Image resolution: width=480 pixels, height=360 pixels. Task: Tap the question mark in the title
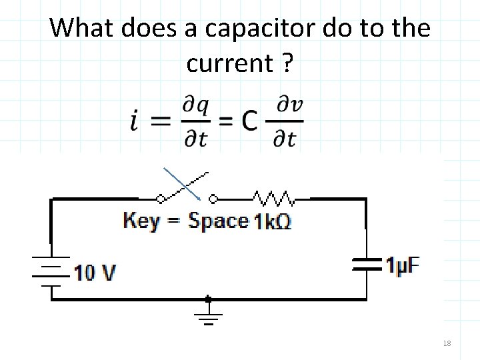287,63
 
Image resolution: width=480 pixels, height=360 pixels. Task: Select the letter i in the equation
135,121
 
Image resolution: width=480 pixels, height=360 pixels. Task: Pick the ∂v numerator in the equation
288,106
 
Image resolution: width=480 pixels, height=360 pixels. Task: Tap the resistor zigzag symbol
273,198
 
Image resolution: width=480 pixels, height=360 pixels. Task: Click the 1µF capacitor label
403,265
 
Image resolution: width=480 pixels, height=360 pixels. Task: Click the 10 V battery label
95,273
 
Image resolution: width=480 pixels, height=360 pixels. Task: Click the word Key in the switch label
142,220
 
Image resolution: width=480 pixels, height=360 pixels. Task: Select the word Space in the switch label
218,220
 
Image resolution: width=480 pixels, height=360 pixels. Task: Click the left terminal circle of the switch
160,198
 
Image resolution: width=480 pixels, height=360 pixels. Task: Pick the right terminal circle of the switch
213,198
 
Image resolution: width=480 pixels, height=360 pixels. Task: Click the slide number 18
447,343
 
